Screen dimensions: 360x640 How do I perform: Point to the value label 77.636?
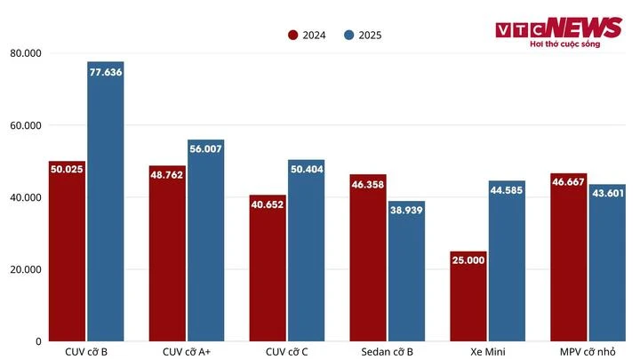tap(105, 72)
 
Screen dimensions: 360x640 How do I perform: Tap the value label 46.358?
tap(368, 184)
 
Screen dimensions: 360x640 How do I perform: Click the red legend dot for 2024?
tap(292, 36)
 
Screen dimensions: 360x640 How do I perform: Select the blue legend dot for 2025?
tap(349, 36)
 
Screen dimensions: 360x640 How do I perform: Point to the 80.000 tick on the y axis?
tap(26, 53)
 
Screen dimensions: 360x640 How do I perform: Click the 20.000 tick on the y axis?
tap(26, 269)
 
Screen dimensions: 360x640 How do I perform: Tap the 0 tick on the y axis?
tap(38, 341)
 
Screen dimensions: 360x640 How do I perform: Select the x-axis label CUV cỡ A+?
tap(187, 352)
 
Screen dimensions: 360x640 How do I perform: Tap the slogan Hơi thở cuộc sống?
tap(564, 44)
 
